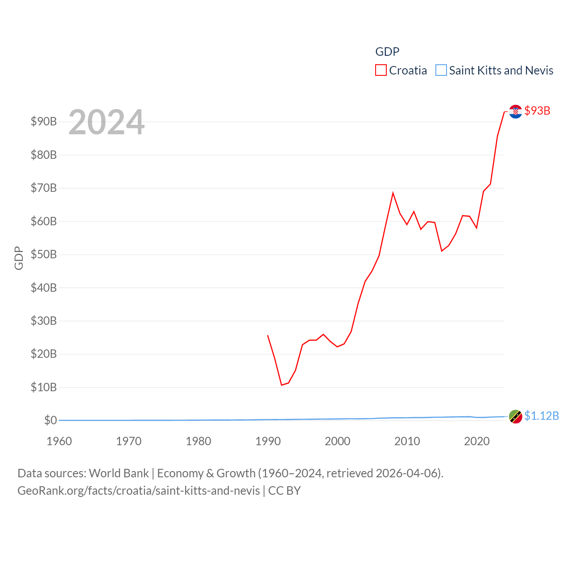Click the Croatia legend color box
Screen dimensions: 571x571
(x=381, y=70)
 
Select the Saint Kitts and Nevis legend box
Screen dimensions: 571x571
(x=441, y=70)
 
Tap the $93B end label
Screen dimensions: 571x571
(x=537, y=111)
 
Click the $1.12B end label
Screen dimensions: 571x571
(x=542, y=416)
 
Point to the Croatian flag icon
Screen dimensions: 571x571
(x=516, y=112)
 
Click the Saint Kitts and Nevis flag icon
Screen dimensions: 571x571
(x=516, y=417)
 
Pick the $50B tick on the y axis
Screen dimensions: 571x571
(x=44, y=254)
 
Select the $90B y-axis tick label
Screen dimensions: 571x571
(x=44, y=121)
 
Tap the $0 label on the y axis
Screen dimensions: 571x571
(x=50, y=420)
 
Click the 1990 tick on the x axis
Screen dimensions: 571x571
(x=268, y=441)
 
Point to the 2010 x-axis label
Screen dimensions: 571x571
(x=407, y=441)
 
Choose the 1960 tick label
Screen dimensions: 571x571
(x=59, y=441)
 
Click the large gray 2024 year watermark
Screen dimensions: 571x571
(x=107, y=122)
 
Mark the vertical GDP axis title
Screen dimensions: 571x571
(x=19, y=258)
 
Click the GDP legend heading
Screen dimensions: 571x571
(x=387, y=52)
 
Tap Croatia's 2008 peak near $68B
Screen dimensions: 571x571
(x=393, y=193)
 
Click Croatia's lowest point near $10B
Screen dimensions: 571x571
(x=281, y=385)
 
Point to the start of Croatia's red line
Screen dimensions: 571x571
(x=268, y=335)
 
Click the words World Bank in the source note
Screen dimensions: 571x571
(x=119, y=473)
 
